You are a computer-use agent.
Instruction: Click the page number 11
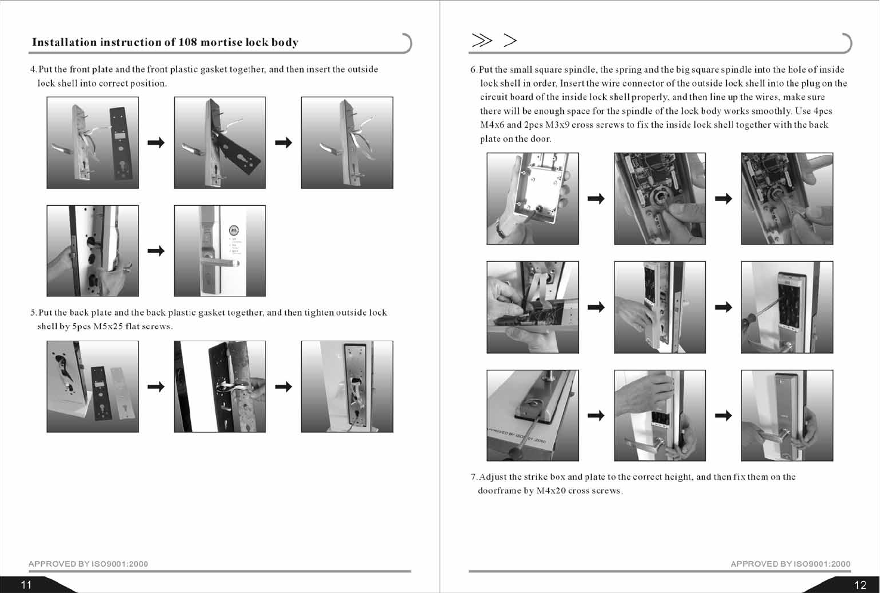click(26, 585)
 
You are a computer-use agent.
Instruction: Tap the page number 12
click(860, 585)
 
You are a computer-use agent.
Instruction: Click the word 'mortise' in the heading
click(221, 42)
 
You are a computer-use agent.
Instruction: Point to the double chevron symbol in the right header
click(482, 40)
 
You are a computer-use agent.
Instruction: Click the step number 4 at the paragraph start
click(33, 70)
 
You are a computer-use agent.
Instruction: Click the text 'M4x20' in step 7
click(551, 491)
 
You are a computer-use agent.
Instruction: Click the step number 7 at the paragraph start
click(474, 477)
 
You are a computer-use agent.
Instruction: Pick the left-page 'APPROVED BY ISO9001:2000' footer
click(88, 564)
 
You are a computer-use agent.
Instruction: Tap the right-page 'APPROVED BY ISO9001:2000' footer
click(791, 564)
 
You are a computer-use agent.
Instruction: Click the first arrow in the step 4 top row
click(156, 143)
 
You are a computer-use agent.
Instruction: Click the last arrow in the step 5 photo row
click(283, 387)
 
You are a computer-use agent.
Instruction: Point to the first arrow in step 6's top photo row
click(596, 199)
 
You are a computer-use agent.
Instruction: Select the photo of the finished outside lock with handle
click(220, 251)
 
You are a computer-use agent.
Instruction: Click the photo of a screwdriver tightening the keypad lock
click(787, 307)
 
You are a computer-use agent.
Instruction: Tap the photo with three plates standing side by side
click(92, 387)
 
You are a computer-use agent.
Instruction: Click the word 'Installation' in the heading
click(64, 42)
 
